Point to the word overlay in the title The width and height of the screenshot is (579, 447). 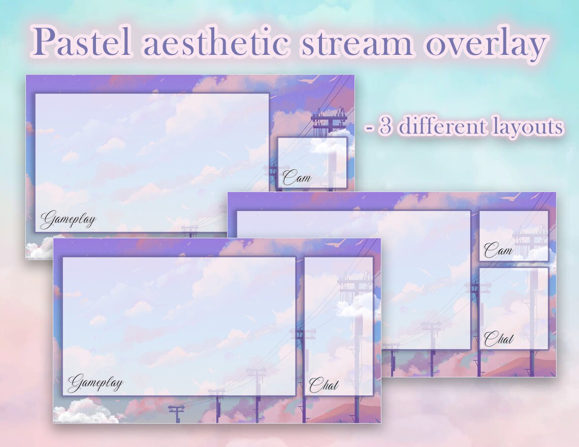pyautogui.click(x=485, y=43)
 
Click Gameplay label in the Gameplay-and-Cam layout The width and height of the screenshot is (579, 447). pyautogui.click(x=68, y=220)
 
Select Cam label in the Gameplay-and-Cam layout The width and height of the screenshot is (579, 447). pyautogui.click(x=297, y=178)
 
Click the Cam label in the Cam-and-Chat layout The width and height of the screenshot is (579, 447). pyautogui.click(x=498, y=250)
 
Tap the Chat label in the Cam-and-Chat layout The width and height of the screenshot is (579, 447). pyautogui.click(x=498, y=339)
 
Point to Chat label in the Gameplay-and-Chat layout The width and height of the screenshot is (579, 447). pyautogui.click(x=324, y=385)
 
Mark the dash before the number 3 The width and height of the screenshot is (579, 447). pyautogui.click(x=369, y=127)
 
